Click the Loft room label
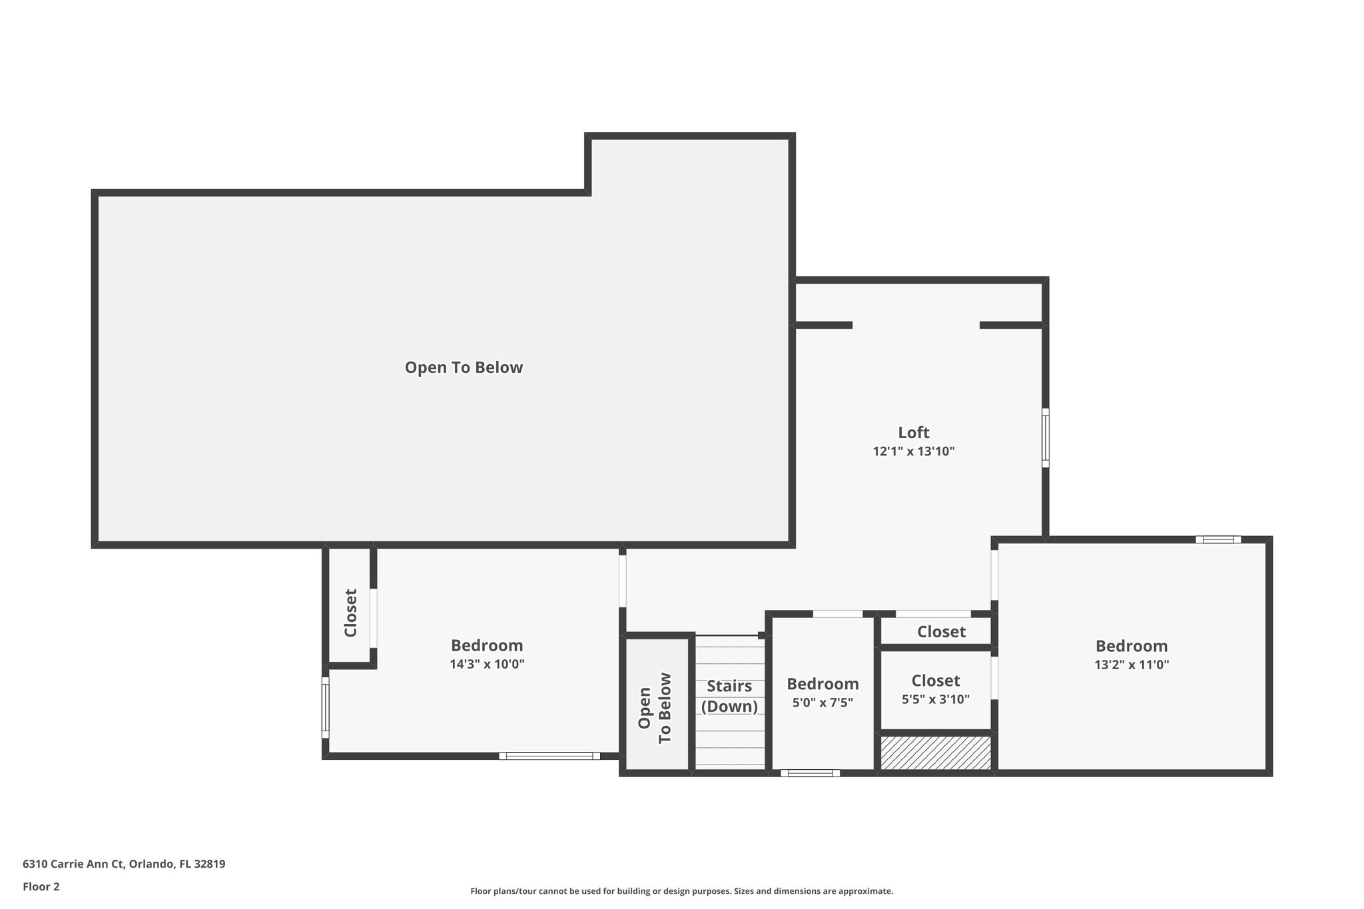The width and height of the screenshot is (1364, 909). [913, 433]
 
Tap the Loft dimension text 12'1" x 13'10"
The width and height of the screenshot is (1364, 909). [913, 452]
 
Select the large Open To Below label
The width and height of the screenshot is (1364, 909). [464, 368]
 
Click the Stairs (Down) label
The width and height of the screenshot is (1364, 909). [729, 696]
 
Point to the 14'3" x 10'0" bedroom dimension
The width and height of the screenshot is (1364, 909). [487, 664]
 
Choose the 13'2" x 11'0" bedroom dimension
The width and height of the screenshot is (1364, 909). [1131, 664]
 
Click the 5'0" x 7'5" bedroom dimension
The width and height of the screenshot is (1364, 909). [823, 702]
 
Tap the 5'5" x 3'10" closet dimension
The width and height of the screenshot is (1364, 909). [935, 699]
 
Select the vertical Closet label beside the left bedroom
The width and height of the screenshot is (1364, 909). [350, 613]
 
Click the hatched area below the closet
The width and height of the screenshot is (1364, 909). [936, 753]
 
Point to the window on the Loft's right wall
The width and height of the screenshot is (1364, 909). [1045, 438]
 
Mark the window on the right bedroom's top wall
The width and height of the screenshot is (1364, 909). [1217, 539]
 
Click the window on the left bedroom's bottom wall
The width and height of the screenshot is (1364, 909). [549, 756]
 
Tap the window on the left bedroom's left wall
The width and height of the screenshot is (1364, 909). [326, 707]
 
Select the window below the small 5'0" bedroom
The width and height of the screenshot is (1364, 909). [810, 773]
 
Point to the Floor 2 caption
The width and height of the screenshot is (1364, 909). [41, 886]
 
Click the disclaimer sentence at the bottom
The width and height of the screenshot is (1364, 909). [681, 891]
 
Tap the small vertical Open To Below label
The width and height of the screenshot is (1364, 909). [654, 708]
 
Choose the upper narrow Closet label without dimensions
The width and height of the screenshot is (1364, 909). [940, 631]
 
